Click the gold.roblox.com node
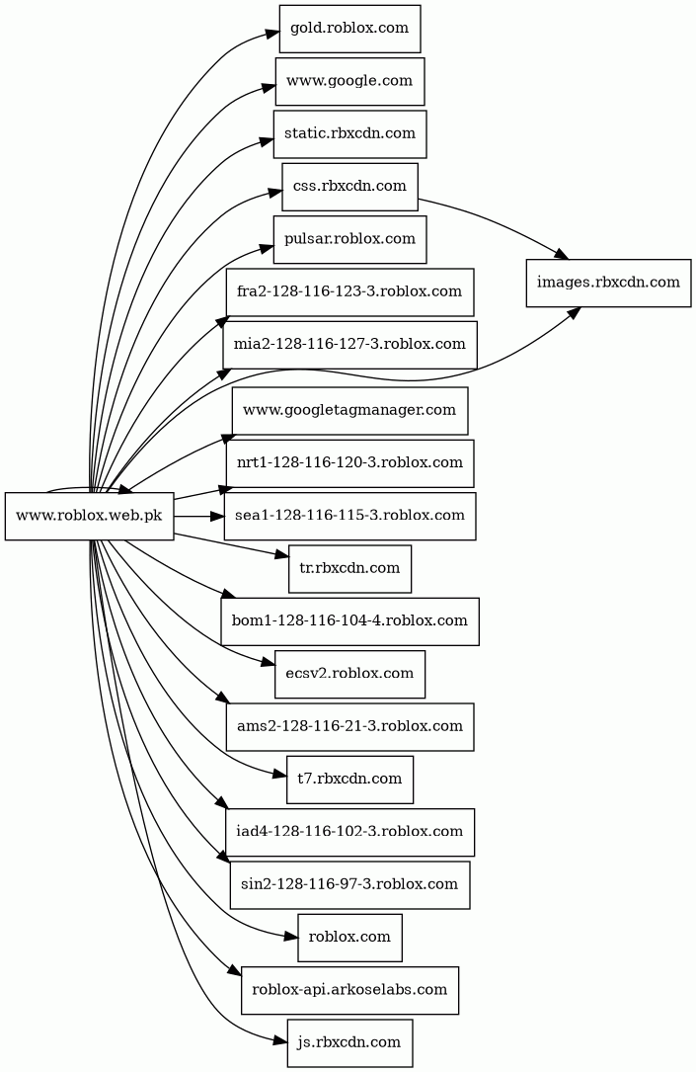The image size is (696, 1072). pos(349,29)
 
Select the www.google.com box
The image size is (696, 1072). pos(349,81)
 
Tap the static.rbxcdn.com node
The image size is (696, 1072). pos(349,133)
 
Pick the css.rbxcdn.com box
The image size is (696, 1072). pos(349,187)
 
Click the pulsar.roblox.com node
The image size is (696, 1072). pos(349,239)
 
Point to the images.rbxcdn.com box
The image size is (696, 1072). pos(607,283)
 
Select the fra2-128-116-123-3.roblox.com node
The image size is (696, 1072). pos(349,291)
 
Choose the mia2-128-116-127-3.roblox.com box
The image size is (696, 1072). pos(349,345)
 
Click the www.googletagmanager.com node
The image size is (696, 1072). pos(349,410)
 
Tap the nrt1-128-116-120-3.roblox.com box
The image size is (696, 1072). pos(349,462)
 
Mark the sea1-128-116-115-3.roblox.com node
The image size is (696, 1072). pos(349,516)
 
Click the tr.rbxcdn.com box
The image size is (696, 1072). pos(349,568)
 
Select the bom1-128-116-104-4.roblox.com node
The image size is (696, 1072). pos(349,621)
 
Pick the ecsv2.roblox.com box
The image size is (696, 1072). pos(349,674)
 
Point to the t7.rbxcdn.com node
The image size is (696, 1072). pos(349,780)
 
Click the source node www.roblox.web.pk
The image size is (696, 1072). pos(90,516)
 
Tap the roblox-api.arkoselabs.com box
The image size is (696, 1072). pos(349,990)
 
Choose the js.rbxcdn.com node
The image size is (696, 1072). pos(349,1042)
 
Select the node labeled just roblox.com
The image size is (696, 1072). pos(349,938)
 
